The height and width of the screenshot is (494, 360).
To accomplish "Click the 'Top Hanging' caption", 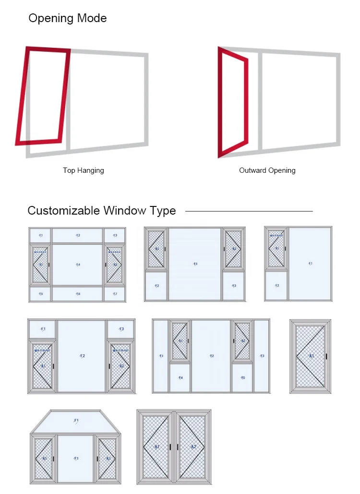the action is [x=84, y=170].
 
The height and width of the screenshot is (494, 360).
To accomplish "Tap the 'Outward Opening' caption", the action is [x=267, y=170].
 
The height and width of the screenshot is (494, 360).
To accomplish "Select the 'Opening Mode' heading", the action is [x=68, y=19].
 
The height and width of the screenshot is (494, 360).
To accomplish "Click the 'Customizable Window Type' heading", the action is [x=102, y=211].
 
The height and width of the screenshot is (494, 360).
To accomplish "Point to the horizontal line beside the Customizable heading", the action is [x=249, y=211].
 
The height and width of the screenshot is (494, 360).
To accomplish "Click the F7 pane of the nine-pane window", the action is [x=115, y=294].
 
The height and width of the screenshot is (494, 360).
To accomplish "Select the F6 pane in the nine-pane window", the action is [x=78, y=294].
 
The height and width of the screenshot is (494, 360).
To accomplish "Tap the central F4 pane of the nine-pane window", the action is [x=78, y=265].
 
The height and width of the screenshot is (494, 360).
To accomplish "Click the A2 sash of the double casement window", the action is [x=193, y=447].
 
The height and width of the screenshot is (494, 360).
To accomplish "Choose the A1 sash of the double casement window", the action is [x=156, y=447].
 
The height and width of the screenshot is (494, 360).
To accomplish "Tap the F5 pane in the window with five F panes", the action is [x=243, y=378].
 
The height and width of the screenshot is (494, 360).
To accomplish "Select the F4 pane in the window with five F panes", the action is [x=180, y=378].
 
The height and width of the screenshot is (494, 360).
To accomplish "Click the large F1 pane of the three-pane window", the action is [x=310, y=264].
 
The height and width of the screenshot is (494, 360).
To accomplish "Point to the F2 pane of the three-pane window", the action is [x=276, y=286].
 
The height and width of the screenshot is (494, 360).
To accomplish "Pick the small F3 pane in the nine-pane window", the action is [x=115, y=235].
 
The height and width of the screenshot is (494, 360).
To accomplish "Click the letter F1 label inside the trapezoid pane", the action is [x=76, y=421].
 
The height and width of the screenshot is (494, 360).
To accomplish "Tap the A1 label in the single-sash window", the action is [x=311, y=356].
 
